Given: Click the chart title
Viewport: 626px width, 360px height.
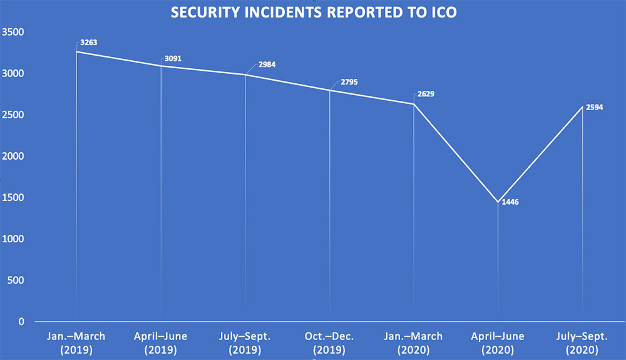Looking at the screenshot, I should coord(312,13).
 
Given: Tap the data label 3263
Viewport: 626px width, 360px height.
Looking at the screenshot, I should coord(89,44).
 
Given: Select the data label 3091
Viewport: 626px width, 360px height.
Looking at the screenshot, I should coord(173,59).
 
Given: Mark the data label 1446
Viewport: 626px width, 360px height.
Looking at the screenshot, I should coord(510,202).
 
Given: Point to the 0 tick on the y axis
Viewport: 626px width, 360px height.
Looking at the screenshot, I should coord(21,322).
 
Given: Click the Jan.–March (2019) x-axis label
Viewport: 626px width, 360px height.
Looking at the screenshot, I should coord(77,343).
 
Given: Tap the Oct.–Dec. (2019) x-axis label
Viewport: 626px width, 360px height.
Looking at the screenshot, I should coord(329,343).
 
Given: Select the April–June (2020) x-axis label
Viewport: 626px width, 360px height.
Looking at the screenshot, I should coord(498,343).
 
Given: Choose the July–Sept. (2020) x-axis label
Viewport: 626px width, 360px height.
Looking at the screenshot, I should coord(582,343).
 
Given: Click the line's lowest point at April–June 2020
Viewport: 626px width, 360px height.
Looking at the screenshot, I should coord(498,202).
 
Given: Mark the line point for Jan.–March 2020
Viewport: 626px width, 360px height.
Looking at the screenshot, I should coord(414,104).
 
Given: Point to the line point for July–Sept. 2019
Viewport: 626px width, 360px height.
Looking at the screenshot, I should coord(245,75).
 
